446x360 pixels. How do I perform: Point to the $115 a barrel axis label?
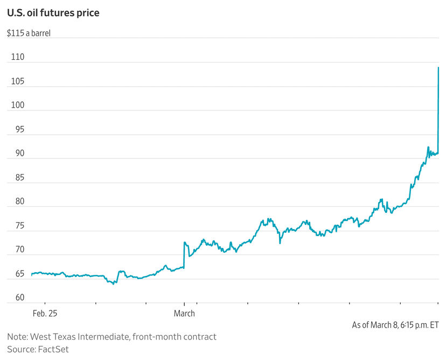pyautogui.click(x=32, y=33)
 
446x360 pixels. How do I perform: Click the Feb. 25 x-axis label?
pyautogui.click(x=44, y=313)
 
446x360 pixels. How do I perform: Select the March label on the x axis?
pyautogui.click(x=184, y=313)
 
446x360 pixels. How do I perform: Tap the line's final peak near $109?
pyautogui.click(x=438, y=68)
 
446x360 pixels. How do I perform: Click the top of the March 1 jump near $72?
pyautogui.click(x=184, y=243)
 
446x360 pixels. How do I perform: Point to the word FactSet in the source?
pyautogui.click(x=53, y=349)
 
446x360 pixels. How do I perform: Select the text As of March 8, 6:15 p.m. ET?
pyautogui.click(x=395, y=325)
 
